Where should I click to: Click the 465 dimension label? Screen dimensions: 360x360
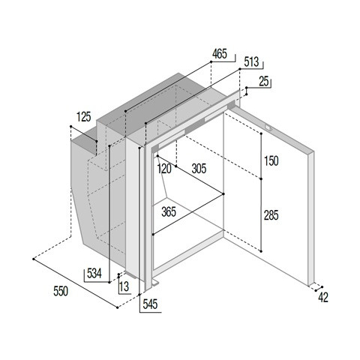(220, 54)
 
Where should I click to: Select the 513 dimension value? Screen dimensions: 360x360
(251, 62)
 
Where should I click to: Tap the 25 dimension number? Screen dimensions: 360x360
(264, 82)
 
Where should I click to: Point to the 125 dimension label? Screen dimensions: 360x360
(84, 117)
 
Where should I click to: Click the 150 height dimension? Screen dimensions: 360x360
(271, 161)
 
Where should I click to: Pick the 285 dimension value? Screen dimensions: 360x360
(271, 215)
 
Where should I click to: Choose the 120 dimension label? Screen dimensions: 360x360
(164, 169)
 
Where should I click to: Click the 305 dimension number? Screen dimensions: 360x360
(199, 169)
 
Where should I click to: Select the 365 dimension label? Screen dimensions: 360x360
(169, 212)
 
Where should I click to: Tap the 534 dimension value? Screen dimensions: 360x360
(94, 273)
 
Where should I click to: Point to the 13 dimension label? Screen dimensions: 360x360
(124, 286)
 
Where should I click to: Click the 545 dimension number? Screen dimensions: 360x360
(150, 304)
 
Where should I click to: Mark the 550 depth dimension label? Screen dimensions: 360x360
(61, 292)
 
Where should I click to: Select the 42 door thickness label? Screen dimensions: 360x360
(323, 298)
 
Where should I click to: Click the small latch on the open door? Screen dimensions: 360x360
(268, 127)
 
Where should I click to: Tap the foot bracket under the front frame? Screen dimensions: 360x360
(155, 283)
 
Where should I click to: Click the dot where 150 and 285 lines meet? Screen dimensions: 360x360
(261, 179)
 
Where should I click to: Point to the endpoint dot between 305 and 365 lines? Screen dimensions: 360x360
(223, 193)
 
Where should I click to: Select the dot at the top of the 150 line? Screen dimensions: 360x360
(261, 133)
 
